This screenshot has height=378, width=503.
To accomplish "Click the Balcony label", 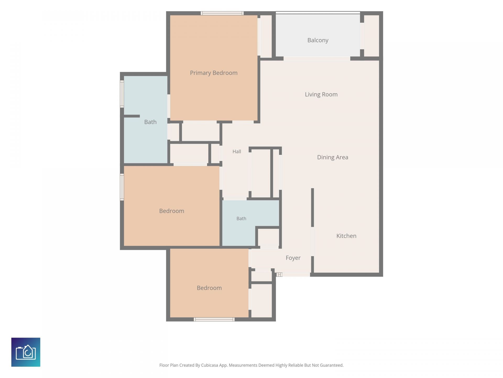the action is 318,40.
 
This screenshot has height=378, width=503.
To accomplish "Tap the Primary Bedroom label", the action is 214,73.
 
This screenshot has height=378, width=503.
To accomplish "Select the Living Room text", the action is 321,94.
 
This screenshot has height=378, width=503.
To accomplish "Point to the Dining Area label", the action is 333,157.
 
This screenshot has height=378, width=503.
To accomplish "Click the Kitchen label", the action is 346,236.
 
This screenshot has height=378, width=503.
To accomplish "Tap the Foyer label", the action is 293,258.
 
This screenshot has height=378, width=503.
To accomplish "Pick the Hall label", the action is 237,151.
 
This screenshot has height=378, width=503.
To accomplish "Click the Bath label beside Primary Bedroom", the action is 150,122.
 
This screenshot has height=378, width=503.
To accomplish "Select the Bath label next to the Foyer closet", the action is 241,218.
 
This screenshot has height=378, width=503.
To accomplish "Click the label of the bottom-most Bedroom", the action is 209,288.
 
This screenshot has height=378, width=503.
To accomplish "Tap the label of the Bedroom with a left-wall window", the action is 172,211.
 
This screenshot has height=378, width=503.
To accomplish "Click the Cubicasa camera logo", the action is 26,352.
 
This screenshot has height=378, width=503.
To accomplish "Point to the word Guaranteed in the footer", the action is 331,365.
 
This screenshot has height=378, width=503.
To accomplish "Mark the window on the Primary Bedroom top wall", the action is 222,13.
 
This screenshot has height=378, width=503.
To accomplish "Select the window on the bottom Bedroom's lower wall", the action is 214,319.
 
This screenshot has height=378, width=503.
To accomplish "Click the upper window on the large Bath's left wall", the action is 122,94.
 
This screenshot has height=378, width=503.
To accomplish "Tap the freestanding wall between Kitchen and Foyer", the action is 312,207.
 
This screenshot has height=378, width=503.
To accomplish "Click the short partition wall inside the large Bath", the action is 132,116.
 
